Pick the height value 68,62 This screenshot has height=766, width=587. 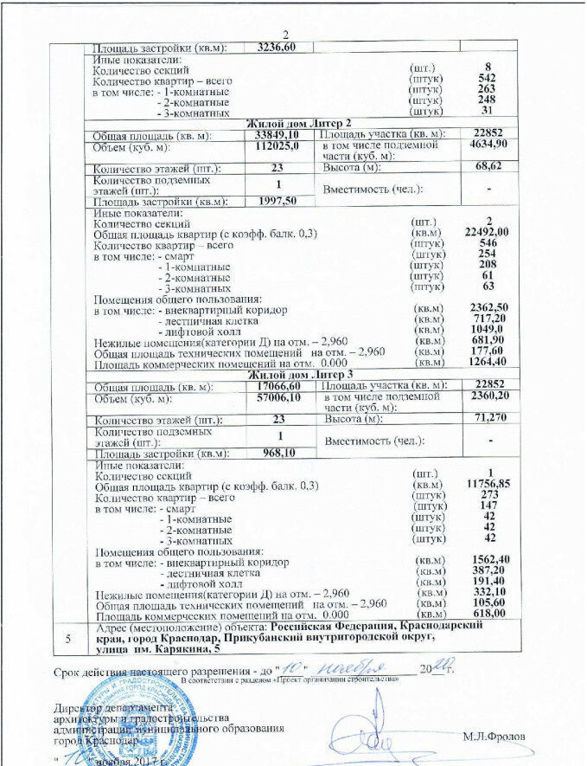tap(489, 166)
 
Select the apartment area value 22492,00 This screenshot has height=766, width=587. tap(488, 232)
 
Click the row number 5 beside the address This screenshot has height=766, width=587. tap(68, 637)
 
